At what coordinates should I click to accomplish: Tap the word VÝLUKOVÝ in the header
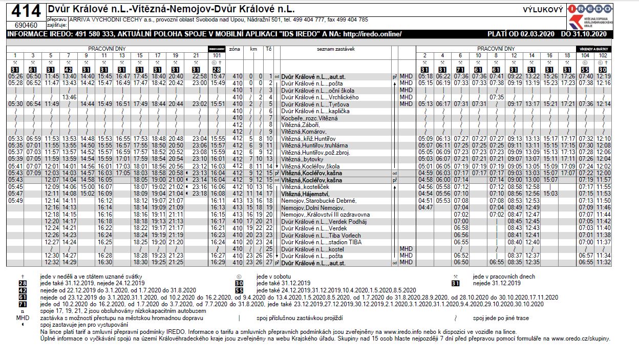[x=543, y=10]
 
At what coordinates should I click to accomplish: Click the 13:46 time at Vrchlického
[x=69, y=97]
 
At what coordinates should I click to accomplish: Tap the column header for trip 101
[x=218, y=55]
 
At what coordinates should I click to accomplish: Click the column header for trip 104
[x=586, y=55]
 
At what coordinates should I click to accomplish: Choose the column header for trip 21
[x=195, y=55]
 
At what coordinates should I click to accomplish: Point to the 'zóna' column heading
[x=235, y=49]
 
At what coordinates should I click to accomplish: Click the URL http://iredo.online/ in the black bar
[x=372, y=34]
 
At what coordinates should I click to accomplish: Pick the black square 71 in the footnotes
[x=22, y=304]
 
